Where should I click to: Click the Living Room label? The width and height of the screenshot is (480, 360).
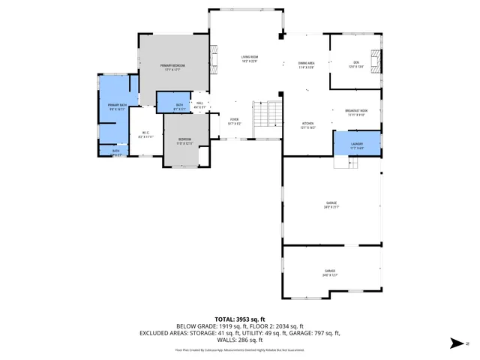pyautogui.click(x=249, y=59)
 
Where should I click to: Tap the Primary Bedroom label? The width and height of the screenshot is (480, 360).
pyautogui.click(x=172, y=67)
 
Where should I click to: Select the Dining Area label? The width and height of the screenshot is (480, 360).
pyautogui.click(x=306, y=65)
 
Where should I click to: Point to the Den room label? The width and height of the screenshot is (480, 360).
pyautogui.click(x=356, y=64)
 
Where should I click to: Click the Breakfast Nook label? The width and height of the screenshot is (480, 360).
pyautogui.click(x=356, y=113)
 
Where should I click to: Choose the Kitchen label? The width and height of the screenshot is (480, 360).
pyautogui.click(x=308, y=125)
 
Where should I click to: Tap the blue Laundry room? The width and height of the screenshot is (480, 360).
pyautogui.click(x=357, y=145)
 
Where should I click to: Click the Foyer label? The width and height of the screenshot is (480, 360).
pyautogui.click(x=235, y=121)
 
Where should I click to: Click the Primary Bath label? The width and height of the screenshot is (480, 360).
pyautogui.click(x=115, y=106)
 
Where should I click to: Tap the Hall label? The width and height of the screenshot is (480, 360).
pyautogui.click(x=200, y=105)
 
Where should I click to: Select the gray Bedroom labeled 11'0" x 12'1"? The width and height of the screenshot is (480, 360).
pyautogui.click(x=184, y=140)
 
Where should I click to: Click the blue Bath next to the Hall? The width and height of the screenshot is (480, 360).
pyautogui.click(x=179, y=106)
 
